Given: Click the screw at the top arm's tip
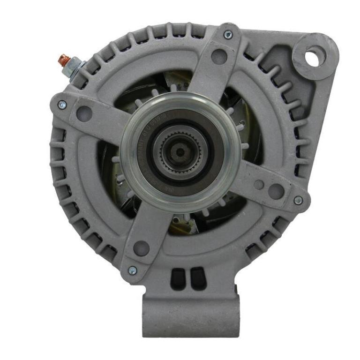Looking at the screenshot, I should pos(228,34).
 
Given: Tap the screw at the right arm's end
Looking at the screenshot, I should pos(298,200).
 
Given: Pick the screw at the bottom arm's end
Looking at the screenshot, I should pos(132,270).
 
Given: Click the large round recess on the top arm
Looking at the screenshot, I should pos(219,56).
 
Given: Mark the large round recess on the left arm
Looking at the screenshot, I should pos(84,112).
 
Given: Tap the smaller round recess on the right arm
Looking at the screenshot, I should pos(258,184).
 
